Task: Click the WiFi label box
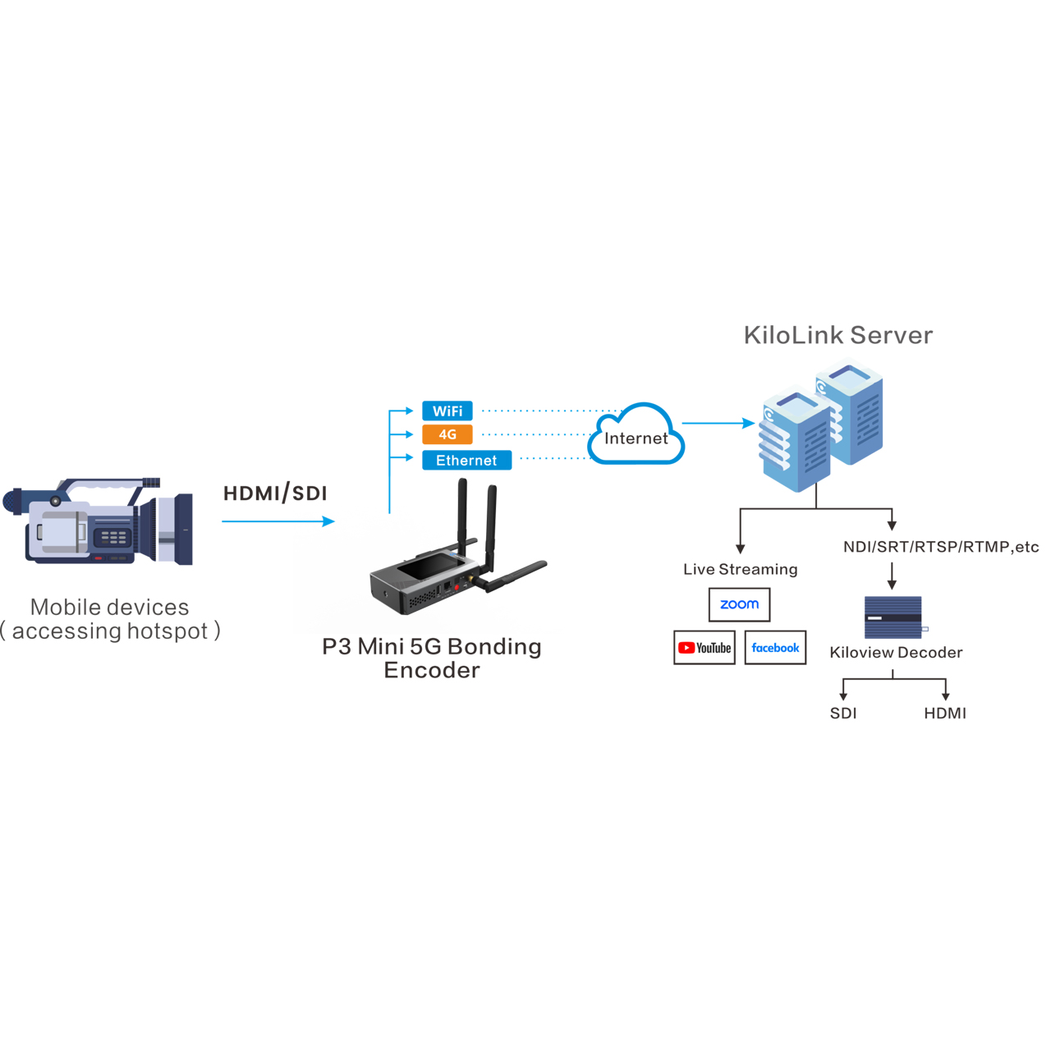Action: [447, 411]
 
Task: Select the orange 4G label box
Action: [447, 434]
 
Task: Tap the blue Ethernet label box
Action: [466, 460]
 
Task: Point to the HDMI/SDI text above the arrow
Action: [275, 493]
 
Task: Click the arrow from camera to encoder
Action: [278, 521]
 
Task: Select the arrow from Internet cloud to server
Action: [718, 423]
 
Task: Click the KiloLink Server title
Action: [838, 335]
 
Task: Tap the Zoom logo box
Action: [739, 604]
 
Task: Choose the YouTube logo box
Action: [704, 647]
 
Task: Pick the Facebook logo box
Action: [775, 647]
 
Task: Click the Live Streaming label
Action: [740, 569]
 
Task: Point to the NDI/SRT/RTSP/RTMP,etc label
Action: [941, 547]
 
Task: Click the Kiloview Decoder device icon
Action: [894, 617]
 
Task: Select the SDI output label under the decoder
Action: [843, 713]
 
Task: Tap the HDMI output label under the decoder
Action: [944, 713]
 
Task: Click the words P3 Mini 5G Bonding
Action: [431, 646]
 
